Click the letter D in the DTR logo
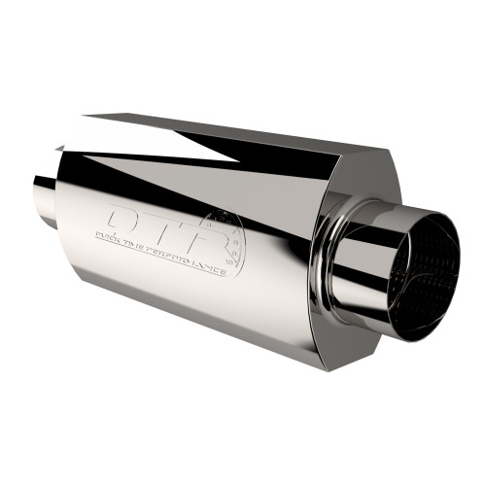tap(126, 218)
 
